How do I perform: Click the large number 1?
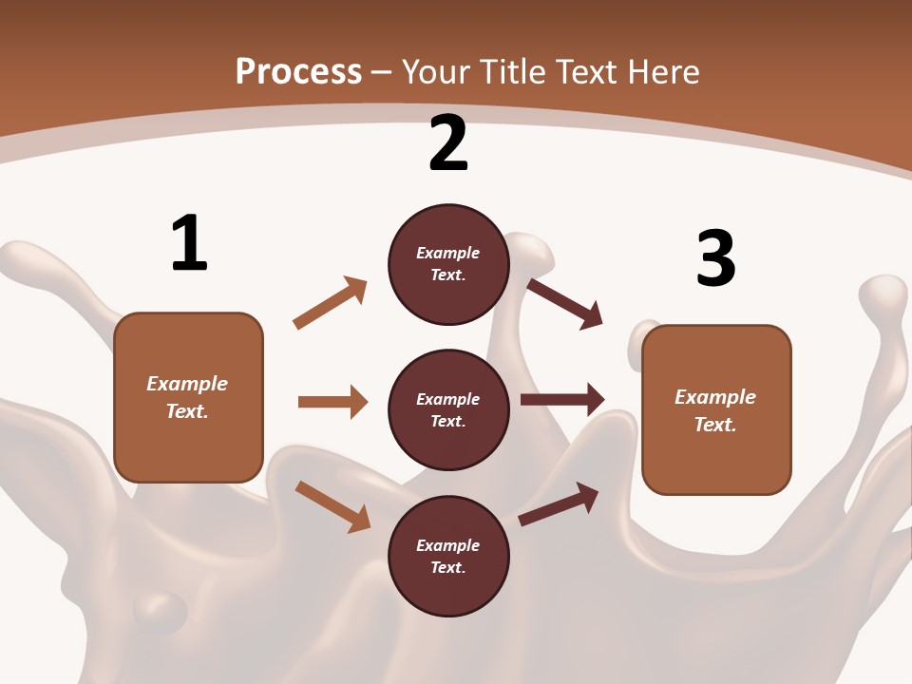coord(189,243)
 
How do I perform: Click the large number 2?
coord(448,144)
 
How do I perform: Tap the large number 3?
coord(715,258)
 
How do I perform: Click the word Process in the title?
coord(298,71)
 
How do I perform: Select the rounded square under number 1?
coord(188,397)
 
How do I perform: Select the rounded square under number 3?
coord(716,410)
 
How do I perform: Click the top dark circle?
coord(448,264)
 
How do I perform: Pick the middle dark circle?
coord(448,410)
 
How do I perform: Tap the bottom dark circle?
coord(448,557)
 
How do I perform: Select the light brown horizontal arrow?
coord(332,402)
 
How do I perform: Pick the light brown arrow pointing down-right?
coord(332,506)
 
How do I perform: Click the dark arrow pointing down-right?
coord(564,303)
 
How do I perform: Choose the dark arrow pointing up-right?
coord(559,504)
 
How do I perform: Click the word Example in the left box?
coord(187,384)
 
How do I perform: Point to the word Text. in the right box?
coord(715,425)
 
